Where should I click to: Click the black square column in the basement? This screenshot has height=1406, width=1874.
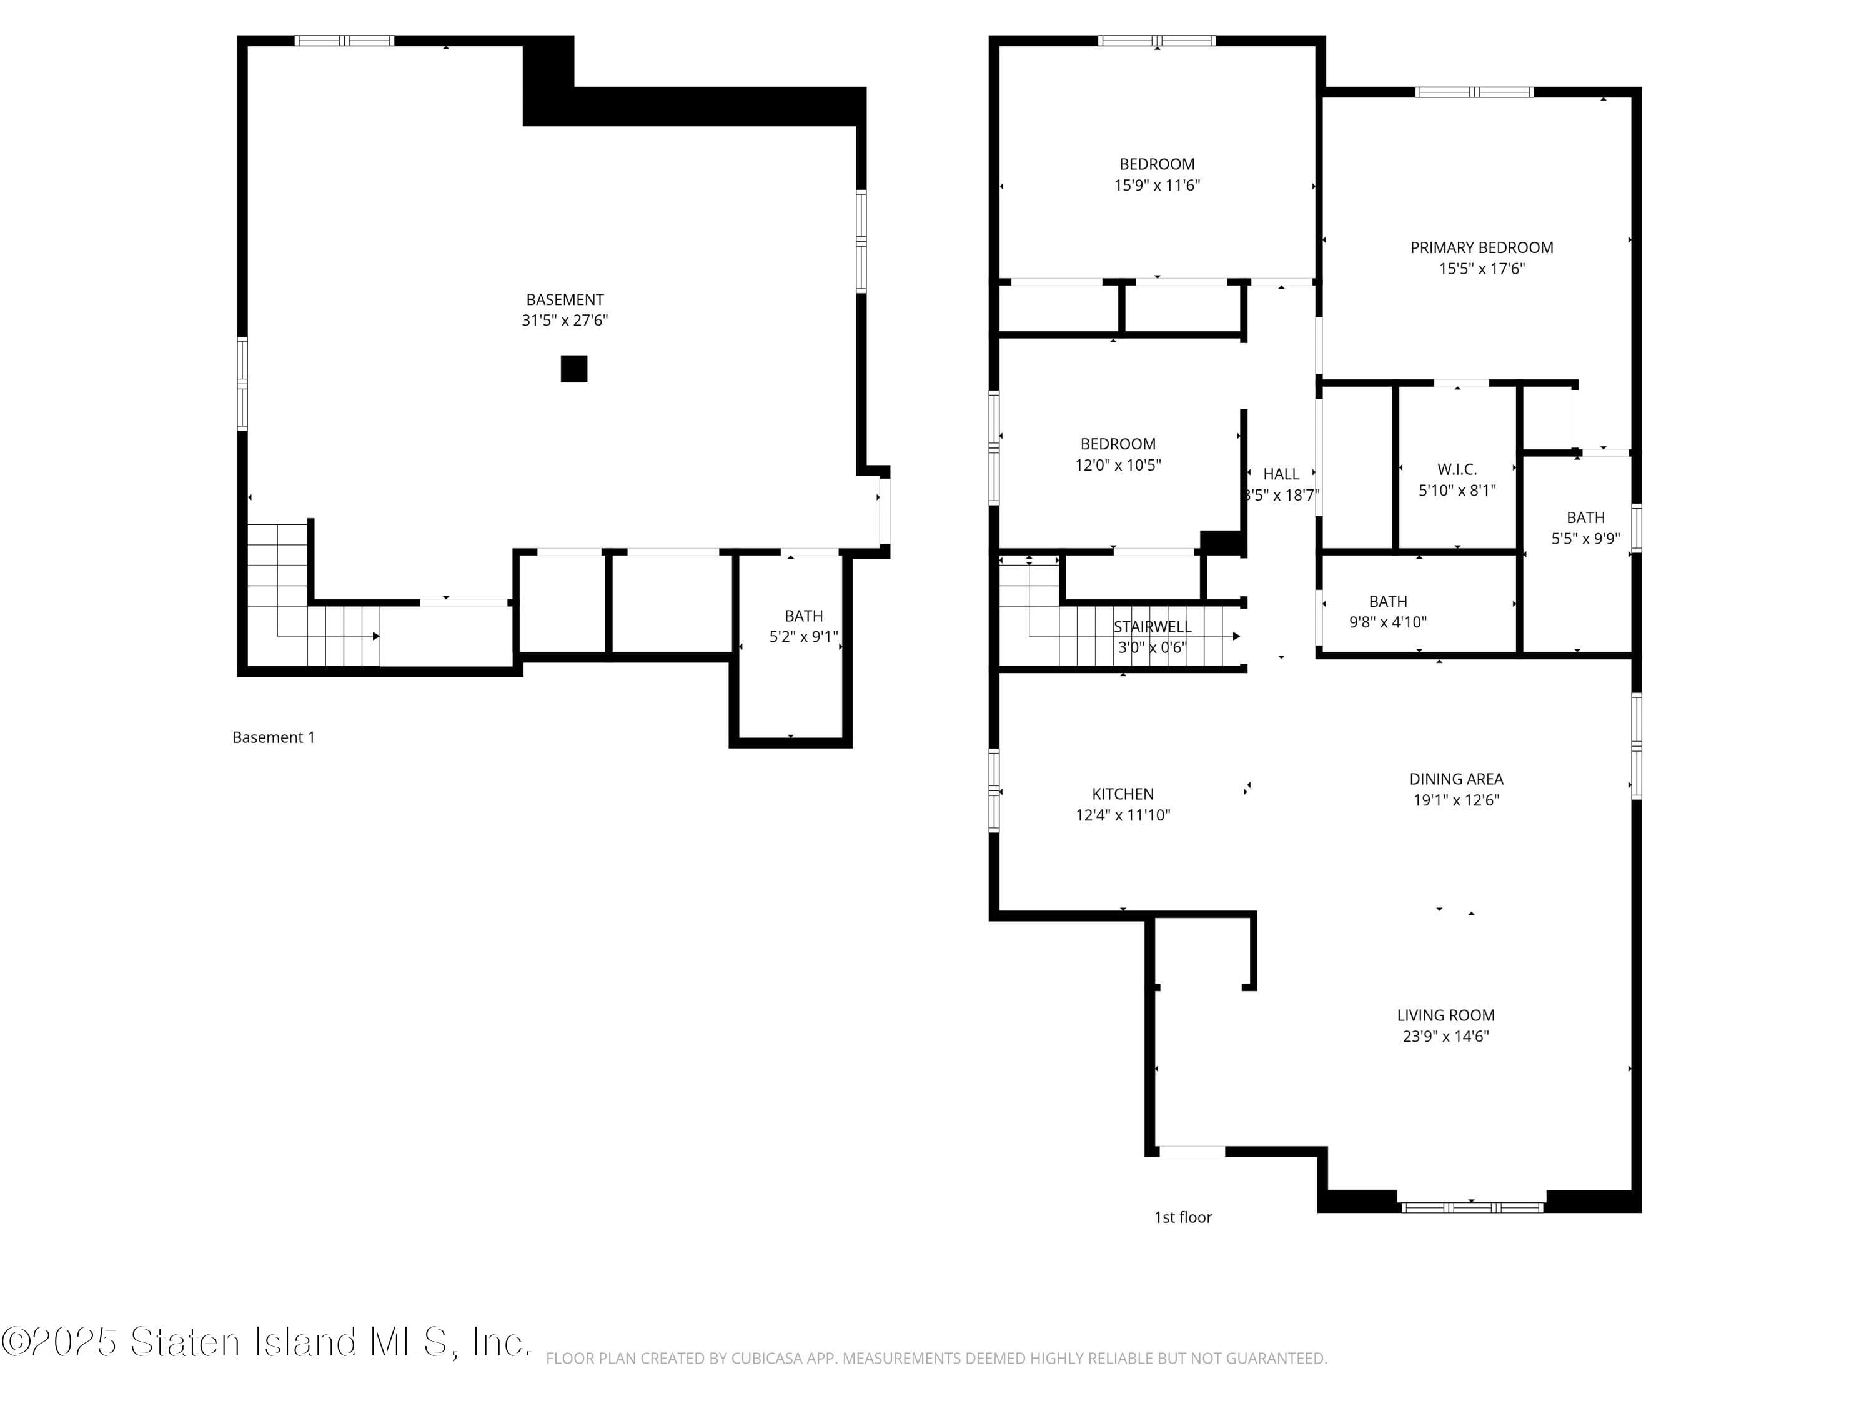(x=573, y=369)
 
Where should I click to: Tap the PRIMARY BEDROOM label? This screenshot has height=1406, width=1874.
(x=1481, y=247)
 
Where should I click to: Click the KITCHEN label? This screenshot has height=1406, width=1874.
(x=1122, y=794)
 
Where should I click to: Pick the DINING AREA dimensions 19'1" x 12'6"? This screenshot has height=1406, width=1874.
(x=1455, y=800)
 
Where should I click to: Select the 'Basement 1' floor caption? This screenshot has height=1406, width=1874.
(x=273, y=737)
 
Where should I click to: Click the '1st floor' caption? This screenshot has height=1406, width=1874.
(x=1182, y=1217)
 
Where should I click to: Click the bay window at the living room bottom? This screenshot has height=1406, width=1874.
(x=1472, y=1207)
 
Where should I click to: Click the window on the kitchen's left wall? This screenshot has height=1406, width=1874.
(x=994, y=790)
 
